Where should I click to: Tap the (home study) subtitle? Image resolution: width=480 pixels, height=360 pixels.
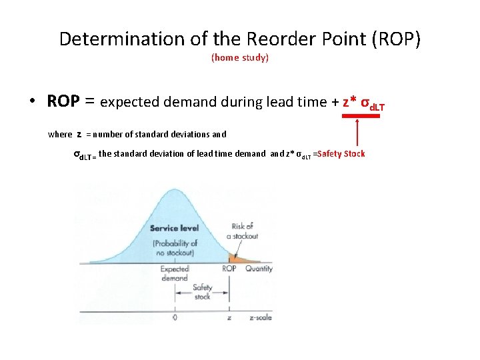(240, 58)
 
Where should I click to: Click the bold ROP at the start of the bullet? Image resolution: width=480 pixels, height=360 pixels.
(63, 101)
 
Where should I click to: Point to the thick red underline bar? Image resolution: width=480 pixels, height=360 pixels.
(361, 116)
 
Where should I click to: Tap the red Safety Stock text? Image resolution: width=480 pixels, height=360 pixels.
(342, 154)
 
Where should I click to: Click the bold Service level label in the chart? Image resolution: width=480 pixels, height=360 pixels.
(174, 228)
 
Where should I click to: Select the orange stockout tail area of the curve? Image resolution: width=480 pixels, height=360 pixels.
(237, 257)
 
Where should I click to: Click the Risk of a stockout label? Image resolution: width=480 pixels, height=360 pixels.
(242, 231)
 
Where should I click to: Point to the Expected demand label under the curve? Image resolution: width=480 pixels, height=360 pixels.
(174, 273)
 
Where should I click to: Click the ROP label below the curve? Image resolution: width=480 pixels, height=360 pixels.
(229, 269)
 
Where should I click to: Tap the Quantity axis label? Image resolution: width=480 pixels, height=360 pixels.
(259, 269)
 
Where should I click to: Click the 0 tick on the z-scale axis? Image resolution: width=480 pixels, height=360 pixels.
(175, 318)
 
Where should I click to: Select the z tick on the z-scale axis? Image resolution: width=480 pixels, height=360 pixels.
(229, 318)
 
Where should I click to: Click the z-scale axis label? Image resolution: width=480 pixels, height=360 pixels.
(260, 318)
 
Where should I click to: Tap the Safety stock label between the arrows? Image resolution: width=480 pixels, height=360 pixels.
(202, 292)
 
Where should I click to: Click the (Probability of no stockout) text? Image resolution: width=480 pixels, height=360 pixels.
(174, 247)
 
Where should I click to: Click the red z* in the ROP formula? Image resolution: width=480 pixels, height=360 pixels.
(349, 102)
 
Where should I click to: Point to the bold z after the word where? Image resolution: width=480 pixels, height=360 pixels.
(79, 133)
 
